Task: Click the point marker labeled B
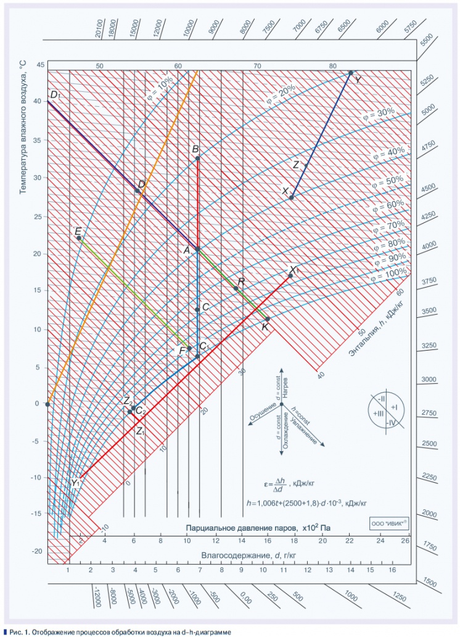pyautogui.click(x=198, y=159)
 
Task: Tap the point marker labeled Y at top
pyautogui.click(x=351, y=73)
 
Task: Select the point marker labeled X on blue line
pyautogui.click(x=292, y=198)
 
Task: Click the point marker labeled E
pyautogui.click(x=79, y=238)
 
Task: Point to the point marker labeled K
pyautogui.click(x=268, y=319)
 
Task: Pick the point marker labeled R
pyautogui.click(x=236, y=288)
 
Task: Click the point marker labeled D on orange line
pyautogui.click(x=138, y=191)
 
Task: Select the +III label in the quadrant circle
pyautogui.click(x=377, y=413)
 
